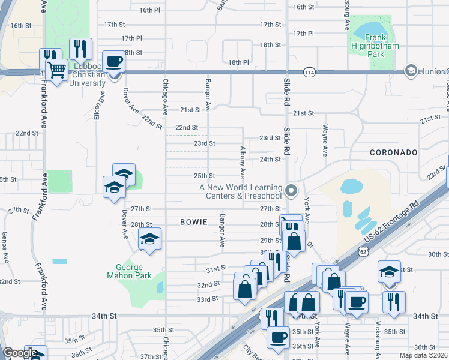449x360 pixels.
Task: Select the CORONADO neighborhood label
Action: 393,152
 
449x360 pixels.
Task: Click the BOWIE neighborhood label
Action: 193,222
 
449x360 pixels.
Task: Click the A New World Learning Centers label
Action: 241,191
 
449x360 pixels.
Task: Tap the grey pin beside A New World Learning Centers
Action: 291,191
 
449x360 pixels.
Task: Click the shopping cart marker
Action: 57,70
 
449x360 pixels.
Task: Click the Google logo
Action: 20,353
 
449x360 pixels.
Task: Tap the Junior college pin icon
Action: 411,71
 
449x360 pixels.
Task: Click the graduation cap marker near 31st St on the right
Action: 389,271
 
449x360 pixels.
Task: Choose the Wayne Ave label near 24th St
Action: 325,140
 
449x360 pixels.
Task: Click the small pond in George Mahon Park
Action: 159,288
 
